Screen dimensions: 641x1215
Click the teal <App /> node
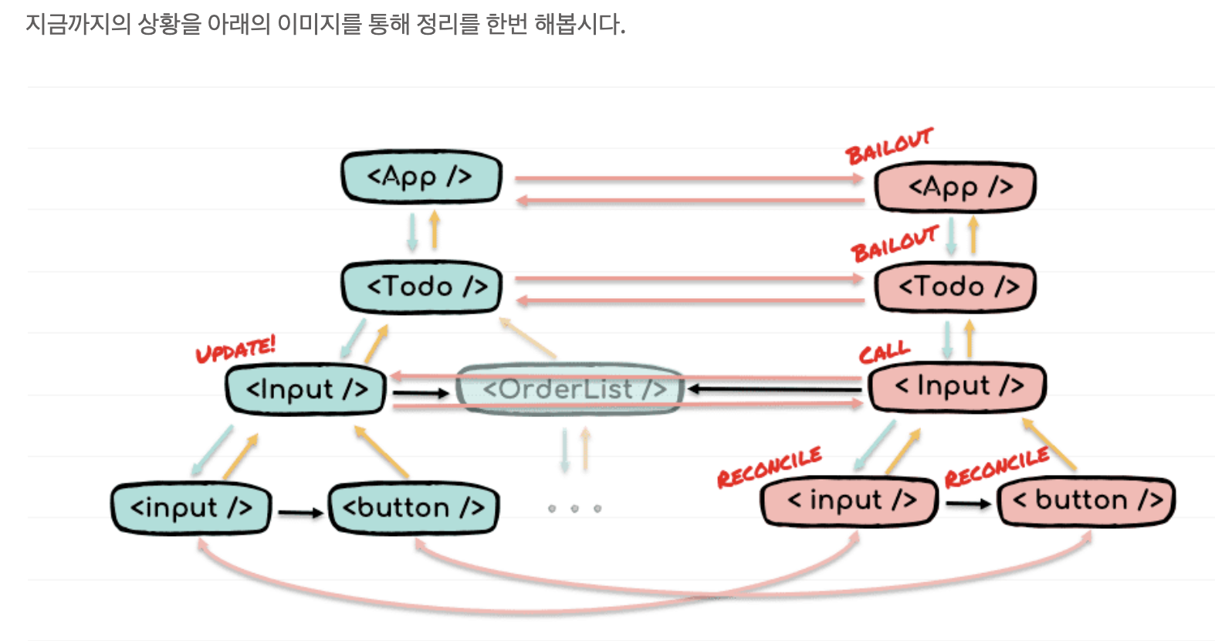pyautogui.click(x=421, y=177)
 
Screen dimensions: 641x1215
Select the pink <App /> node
pyautogui.click(x=955, y=187)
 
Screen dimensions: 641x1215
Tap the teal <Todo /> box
pyautogui.click(x=421, y=287)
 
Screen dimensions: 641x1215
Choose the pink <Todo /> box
pyautogui.click(x=955, y=287)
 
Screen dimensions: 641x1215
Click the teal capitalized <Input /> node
pyautogui.click(x=306, y=389)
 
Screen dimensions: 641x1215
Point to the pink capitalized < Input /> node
pyautogui.click(x=957, y=386)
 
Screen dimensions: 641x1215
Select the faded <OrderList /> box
pyautogui.click(x=570, y=389)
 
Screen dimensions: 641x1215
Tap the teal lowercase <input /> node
pyautogui.click(x=191, y=507)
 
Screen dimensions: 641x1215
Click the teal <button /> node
pyautogui.click(x=414, y=507)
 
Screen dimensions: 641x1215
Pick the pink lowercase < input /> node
pyautogui.click(x=850, y=500)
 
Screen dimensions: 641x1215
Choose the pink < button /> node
pyautogui.click(x=1086, y=500)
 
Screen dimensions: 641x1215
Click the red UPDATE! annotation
pyautogui.click(x=235, y=349)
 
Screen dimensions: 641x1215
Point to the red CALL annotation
pyautogui.click(x=884, y=353)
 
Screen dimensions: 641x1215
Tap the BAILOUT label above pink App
pyautogui.click(x=888, y=146)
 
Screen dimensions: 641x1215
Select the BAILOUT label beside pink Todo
pyautogui.click(x=894, y=244)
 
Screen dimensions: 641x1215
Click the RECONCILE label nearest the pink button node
pyautogui.click(x=997, y=466)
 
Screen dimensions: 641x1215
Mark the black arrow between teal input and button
pyautogui.click(x=300, y=512)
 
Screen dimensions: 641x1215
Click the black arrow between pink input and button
pyautogui.click(x=968, y=504)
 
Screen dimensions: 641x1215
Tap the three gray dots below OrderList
pyautogui.click(x=574, y=508)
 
